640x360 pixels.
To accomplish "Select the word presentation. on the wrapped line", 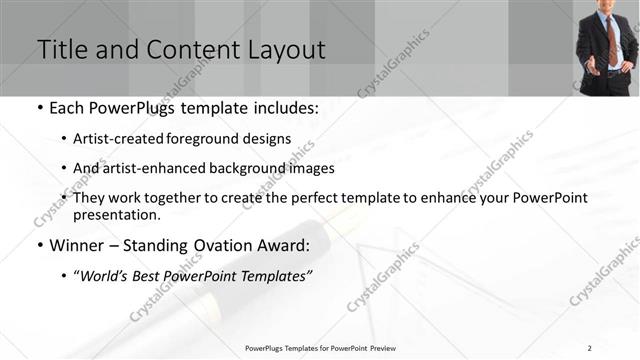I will click(x=116, y=214).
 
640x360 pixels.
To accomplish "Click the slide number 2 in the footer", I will click(x=590, y=348).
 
